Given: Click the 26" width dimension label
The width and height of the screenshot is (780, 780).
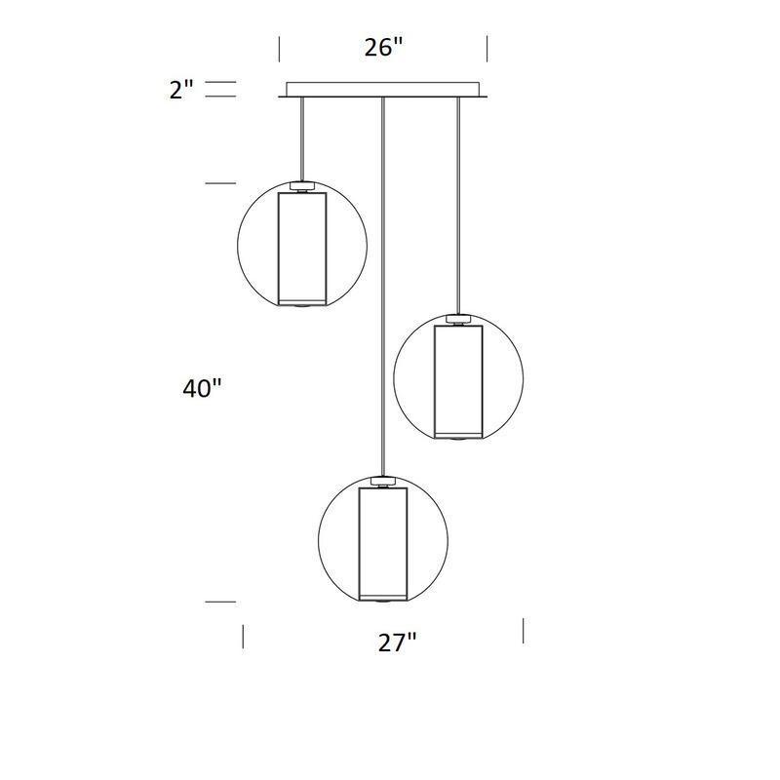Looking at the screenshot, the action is [x=383, y=48].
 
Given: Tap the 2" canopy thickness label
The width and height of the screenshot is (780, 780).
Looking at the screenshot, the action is [x=181, y=91].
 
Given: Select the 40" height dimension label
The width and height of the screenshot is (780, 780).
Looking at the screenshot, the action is [x=202, y=388].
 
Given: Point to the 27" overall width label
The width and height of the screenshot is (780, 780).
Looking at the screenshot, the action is [x=397, y=643].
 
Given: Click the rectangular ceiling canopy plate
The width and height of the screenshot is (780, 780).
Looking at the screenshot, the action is [x=383, y=90].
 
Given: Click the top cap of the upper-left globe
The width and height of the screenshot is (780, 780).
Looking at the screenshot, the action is [x=302, y=186].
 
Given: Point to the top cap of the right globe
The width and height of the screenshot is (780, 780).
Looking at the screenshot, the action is [x=458, y=320].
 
